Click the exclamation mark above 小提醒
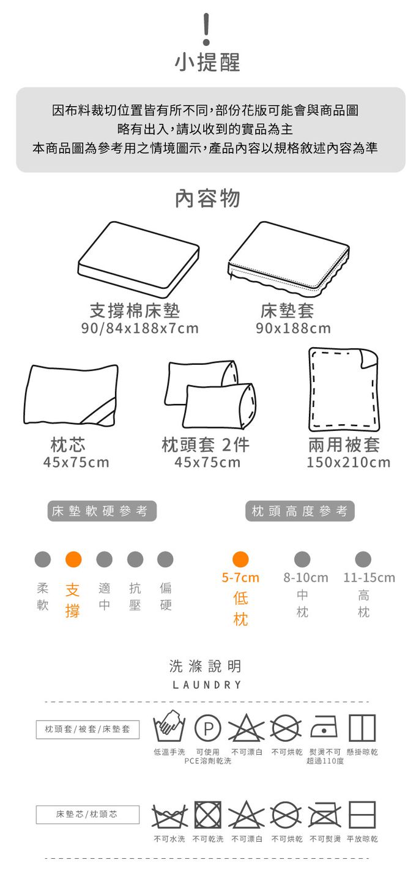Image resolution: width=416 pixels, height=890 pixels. [206, 29]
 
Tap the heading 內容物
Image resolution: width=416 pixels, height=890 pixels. [207, 199]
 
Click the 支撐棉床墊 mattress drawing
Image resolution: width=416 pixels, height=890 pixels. [138, 260]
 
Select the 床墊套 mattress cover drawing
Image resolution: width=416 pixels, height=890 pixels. [289, 260]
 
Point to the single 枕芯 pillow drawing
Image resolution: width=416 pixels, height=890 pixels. [71, 395]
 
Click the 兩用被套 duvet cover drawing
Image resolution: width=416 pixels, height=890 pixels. [344, 389]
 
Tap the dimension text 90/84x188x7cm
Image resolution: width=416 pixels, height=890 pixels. [139, 329]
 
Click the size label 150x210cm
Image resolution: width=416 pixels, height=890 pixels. [349, 463]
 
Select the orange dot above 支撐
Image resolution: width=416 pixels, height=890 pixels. [73, 559]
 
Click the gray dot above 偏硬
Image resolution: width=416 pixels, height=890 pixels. [165, 559]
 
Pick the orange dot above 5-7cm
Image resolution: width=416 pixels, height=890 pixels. [240, 559]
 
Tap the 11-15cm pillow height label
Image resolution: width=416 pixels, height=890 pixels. [369, 578]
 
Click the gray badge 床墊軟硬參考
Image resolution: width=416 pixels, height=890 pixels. [102, 511]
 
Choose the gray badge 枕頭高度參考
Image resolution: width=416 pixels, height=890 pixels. [300, 511]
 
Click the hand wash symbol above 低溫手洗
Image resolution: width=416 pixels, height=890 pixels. [169, 726]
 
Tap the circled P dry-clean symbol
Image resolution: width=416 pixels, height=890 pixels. [207, 728]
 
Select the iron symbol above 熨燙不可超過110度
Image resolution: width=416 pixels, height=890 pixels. [324, 727]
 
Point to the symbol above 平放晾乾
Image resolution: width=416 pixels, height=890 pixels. [362, 815]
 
